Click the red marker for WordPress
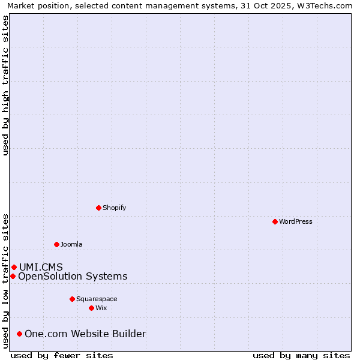click(275, 221)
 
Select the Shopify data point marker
click(98, 208)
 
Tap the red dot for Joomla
click(56, 244)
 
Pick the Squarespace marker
click(72, 299)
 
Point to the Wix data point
click(91, 308)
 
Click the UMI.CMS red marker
click(14, 267)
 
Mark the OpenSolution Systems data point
click(13, 276)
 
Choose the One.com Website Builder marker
click(19, 334)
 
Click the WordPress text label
click(296, 221)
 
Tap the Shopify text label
click(115, 208)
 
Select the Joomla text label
click(71, 244)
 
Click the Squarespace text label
click(97, 299)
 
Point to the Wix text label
click(101, 308)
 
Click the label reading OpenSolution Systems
click(73, 276)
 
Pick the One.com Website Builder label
click(85, 334)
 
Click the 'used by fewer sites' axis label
click(62, 355)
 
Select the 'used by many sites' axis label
click(301, 355)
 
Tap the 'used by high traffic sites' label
click(5, 85)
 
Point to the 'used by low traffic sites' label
click(5, 281)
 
